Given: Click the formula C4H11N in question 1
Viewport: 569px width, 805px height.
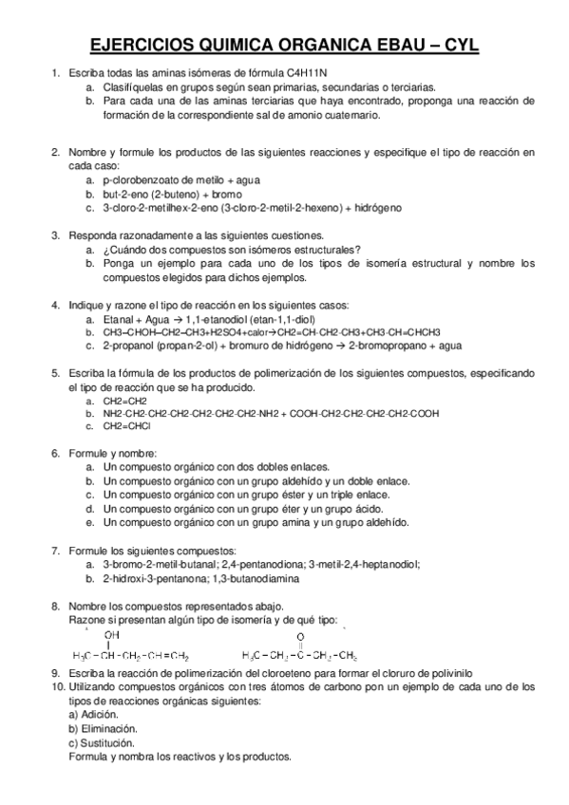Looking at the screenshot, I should coord(318,72).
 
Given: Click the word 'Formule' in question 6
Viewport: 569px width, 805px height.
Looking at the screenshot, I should coord(89,453).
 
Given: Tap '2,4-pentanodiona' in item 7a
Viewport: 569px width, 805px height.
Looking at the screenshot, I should coord(256,564).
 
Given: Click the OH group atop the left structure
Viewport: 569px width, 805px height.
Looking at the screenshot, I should coord(112,635).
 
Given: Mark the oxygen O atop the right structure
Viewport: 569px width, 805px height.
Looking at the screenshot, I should coord(300,636).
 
